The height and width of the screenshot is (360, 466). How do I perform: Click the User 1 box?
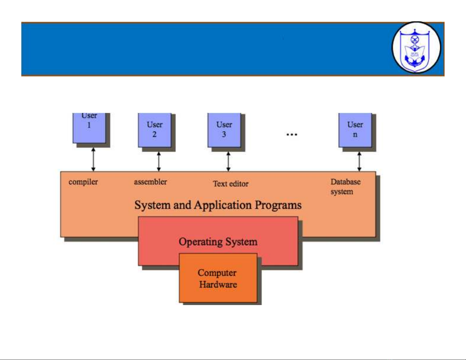coord(89,128)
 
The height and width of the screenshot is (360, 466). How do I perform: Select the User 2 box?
coord(155,130)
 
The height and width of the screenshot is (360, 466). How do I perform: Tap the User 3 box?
coord(224,130)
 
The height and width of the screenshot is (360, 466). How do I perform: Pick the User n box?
coord(355,130)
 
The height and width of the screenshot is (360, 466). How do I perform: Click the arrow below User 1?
coord(93,159)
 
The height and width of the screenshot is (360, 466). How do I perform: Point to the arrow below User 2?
coord(159,161)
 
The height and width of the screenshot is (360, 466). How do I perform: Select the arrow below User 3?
coord(228,161)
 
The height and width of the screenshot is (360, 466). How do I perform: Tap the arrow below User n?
coord(359,161)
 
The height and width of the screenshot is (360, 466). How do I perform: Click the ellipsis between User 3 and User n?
coord(292,135)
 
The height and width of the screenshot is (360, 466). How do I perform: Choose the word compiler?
coord(83,182)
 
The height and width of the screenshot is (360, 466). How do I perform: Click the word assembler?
coord(150,182)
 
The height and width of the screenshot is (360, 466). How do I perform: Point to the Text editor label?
coord(231,184)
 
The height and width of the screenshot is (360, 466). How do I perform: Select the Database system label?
coord(345,187)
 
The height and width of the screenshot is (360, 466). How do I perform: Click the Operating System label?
coord(218,242)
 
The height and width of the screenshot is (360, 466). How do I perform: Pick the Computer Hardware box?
coord(218,278)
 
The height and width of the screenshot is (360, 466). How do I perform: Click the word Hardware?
coord(218,284)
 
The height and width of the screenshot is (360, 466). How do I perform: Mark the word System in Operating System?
coord(241,242)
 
